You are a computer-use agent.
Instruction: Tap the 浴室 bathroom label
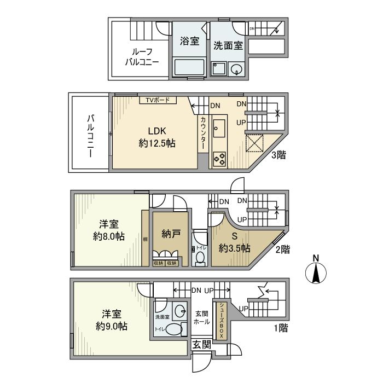pyautogui.click(x=189, y=41)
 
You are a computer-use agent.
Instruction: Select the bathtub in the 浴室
pyautogui.click(x=189, y=68)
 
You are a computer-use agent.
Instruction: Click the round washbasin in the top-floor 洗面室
pyautogui.click(x=237, y=69)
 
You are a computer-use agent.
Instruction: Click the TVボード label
pyautogui.click(x=157, y=100)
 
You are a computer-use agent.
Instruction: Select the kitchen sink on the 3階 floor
pyautogui.click(x=220, y=130)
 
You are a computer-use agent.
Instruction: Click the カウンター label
pyautogui.click(x=203, y=134)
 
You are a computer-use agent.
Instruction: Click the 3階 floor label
pyautogui.click(x=277, y=155)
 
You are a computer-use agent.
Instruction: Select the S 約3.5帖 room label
pyautogui.click(x=234, y=243)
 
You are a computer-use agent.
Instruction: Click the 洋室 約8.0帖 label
pyautogui.click(x=108, y=231)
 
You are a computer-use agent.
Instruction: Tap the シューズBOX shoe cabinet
pyautogui.click(x=222, y=320)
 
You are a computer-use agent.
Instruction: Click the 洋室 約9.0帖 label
pyautogui.click(x=112, y=320)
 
